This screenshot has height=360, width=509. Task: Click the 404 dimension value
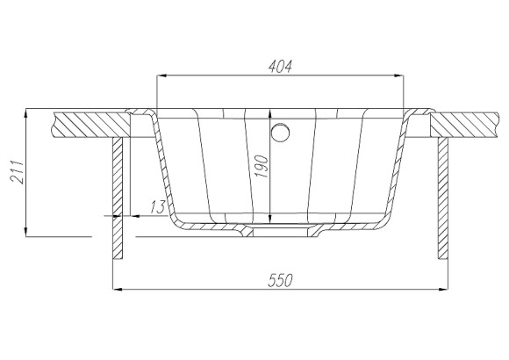(x=281, y=66)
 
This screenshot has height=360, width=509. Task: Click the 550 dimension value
(x=281, y=280)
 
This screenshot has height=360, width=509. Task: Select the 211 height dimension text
(x=17, y=172)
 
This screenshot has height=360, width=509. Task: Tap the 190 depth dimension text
(x=262, y=167)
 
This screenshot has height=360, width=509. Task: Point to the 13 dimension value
(x=158, y=207)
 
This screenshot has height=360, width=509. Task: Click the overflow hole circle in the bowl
(x=280, y=133)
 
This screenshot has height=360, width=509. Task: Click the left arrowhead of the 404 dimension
(x=161, y=76)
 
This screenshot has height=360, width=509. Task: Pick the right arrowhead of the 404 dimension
(x=399, y=76)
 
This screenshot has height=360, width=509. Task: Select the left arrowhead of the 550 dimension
(x=118, y=289)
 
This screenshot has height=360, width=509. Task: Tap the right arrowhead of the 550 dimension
(x=443, y=289)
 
